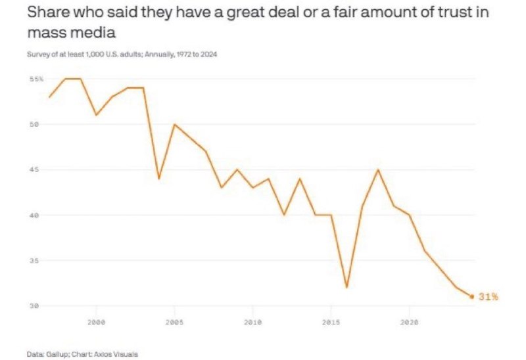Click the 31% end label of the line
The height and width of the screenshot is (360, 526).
[x=489, y=297]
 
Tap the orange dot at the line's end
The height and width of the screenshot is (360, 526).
[x=472, y=296]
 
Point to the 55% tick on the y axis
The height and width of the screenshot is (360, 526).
[x=36, y=79]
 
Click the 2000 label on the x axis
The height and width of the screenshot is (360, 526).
[x=96, y=323]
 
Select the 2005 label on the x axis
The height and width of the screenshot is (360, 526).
[x=174, y=323]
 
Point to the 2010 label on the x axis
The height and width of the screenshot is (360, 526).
[x=252, y=323]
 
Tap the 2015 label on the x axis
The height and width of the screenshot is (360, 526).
[x=331, y=323]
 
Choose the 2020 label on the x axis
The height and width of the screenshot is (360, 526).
[x=409, y=323]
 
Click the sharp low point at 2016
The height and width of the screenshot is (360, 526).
[x=347, y=287]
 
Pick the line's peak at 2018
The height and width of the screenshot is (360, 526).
[x=378, y=169]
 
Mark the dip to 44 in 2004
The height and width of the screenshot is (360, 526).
[x=158, y=179]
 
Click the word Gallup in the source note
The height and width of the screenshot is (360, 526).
[x=55, y=353]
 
